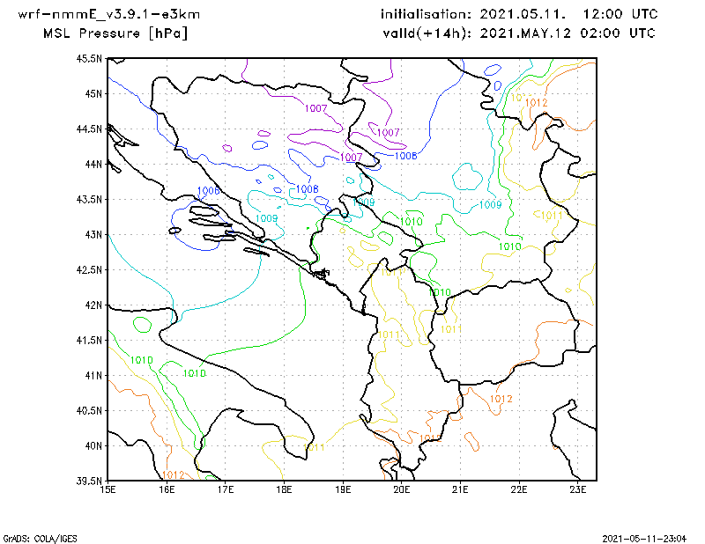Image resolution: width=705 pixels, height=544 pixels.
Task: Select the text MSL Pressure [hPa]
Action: pyautogui.click(x=115, y=33)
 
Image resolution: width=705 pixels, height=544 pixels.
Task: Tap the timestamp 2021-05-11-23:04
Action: pyautogui.click(x=649, y=537)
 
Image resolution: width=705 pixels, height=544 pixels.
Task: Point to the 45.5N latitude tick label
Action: pyautogui.click(x=90, y=58)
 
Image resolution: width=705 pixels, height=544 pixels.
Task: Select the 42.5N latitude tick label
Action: pyautogui.click(x=90, y=269)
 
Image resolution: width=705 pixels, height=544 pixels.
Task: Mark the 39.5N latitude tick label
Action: pyautogui.click(x=90, y=481)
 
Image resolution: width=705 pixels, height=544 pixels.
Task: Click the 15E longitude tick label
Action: pyautogui.click(x=108, y=490)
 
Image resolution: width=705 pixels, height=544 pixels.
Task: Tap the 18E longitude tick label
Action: pyautogui.click(x=285, y=490)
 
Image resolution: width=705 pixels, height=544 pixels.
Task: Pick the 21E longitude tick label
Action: pyautogui.click(x=460, y=490)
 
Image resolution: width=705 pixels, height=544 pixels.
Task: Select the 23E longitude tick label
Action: pyautogui.click(x=577, y=490)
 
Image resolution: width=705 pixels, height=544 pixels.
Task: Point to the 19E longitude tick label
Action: pyautogui.click(x=343, y=490)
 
